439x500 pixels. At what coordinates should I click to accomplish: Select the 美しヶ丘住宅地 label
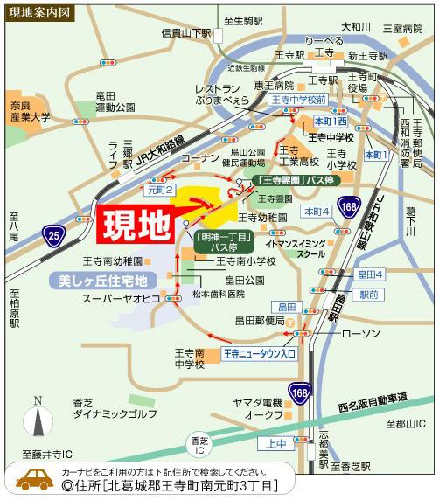click(x=96, y=281)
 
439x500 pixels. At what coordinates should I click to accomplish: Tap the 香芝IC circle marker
click(x=196, y=442)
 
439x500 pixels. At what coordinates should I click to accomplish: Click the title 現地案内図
click(x=41, y=13)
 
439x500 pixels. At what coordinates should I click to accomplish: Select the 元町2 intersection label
click(x=161, y=189)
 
